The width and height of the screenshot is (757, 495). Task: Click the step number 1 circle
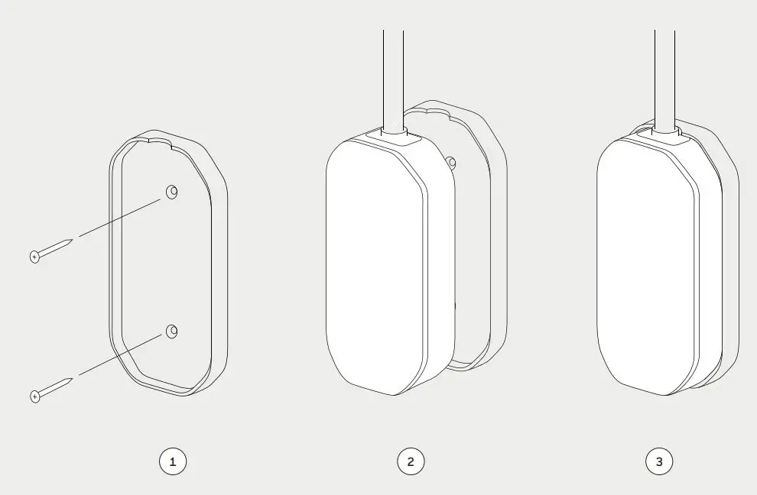173,461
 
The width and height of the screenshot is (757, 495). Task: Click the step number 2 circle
411,461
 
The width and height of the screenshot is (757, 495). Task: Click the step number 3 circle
659,461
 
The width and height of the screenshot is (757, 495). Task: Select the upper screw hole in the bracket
171,192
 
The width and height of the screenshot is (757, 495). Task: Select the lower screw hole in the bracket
171,331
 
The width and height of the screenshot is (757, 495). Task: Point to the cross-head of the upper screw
34,257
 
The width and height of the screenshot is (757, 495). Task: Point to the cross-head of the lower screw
34,395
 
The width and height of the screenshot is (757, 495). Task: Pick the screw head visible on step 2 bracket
451,162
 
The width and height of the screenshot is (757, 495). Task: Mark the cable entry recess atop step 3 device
664,134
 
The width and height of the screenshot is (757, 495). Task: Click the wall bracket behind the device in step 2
478,229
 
